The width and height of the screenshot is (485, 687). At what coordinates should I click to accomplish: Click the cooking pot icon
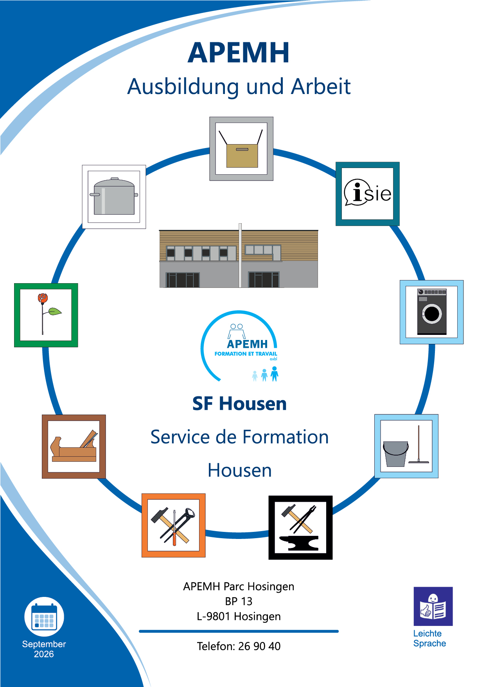coord(114,197)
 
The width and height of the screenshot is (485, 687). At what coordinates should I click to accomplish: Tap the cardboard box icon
coord(241,149)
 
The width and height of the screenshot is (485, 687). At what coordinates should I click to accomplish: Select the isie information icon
coord(368,194)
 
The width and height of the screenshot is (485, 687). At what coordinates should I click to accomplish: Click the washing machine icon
coord(432,312)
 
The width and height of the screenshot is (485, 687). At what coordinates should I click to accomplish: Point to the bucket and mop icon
coord(406,446)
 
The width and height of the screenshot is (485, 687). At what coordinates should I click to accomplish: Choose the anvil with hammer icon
coord(300,528)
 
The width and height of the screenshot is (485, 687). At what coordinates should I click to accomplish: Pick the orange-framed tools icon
coord(174,525)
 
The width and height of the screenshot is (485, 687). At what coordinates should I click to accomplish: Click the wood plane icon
coord(74,447)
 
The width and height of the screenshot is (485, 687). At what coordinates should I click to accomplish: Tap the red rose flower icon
coord(46,315)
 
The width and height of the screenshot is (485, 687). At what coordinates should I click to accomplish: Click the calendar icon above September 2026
coord(44,616)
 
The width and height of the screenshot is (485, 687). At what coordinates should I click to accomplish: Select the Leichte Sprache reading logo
coord(433,606)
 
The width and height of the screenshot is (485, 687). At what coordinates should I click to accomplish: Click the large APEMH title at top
coord(239,52)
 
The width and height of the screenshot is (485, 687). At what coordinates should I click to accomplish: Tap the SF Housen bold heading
coord(239,403)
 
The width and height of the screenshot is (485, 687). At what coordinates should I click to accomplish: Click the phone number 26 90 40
coord(259,646)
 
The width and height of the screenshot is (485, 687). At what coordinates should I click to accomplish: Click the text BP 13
coord(239,601)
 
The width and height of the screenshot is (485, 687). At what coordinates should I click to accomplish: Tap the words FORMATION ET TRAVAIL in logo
coord(246,354)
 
